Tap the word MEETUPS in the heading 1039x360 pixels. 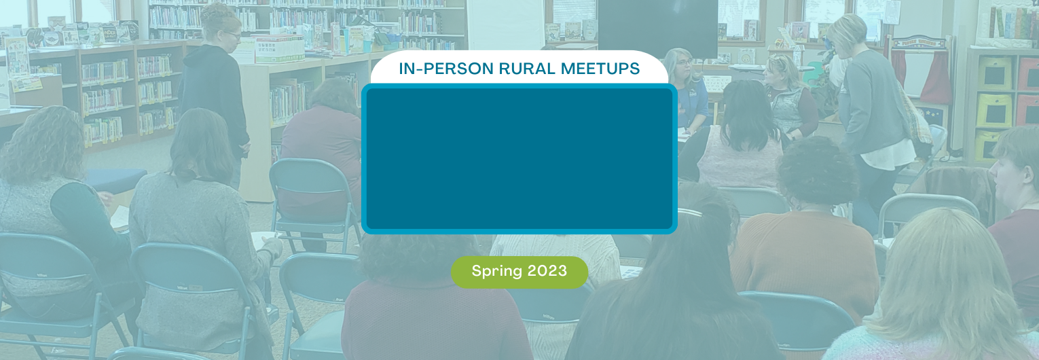coord(600,69)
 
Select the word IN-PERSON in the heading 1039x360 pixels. coord(445,69)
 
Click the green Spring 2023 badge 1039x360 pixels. coord(519,272)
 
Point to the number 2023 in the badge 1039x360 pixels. coord(547,271)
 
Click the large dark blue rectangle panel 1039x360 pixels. coord(519,159)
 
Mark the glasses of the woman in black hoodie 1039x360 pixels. coord(232,35)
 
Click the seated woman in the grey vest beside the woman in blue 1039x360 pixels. coord(788,97)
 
